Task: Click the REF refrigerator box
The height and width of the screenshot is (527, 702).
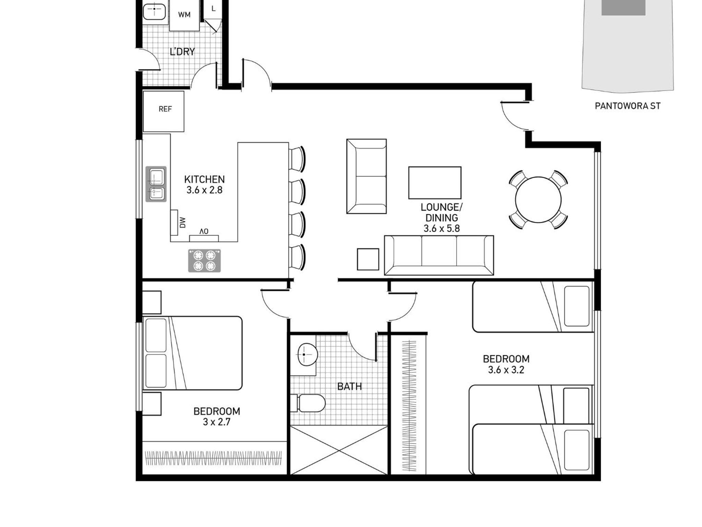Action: click(164, 111)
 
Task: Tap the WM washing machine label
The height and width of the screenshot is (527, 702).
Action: click(184, 15)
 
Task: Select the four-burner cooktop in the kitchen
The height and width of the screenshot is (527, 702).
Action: click(204, 261)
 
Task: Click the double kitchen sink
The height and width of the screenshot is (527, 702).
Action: click(156, 184)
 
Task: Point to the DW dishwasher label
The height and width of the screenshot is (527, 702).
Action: click(182, 222)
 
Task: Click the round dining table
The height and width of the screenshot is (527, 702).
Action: click(538, 200)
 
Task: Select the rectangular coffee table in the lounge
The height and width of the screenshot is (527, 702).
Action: click(435, 183)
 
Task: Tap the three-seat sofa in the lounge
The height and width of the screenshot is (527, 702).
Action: click(439, 255)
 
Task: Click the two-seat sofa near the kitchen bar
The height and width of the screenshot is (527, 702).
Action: click(366, 176)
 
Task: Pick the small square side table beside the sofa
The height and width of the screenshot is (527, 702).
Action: click(368, 259)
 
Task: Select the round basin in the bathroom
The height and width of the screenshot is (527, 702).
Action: click(307, 354)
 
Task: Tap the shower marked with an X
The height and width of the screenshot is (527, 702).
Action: click(339, 450)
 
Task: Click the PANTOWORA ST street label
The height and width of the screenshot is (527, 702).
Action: click(628, 106)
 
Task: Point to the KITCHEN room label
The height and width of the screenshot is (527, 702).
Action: click(204, 179)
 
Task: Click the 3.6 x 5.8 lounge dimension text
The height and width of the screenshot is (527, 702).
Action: click(441, 229)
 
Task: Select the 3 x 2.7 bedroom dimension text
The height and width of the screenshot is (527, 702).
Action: click(217, 422)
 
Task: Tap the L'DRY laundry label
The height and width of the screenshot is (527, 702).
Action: click(182, 52)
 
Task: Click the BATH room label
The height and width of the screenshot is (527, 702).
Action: click(350, 387)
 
